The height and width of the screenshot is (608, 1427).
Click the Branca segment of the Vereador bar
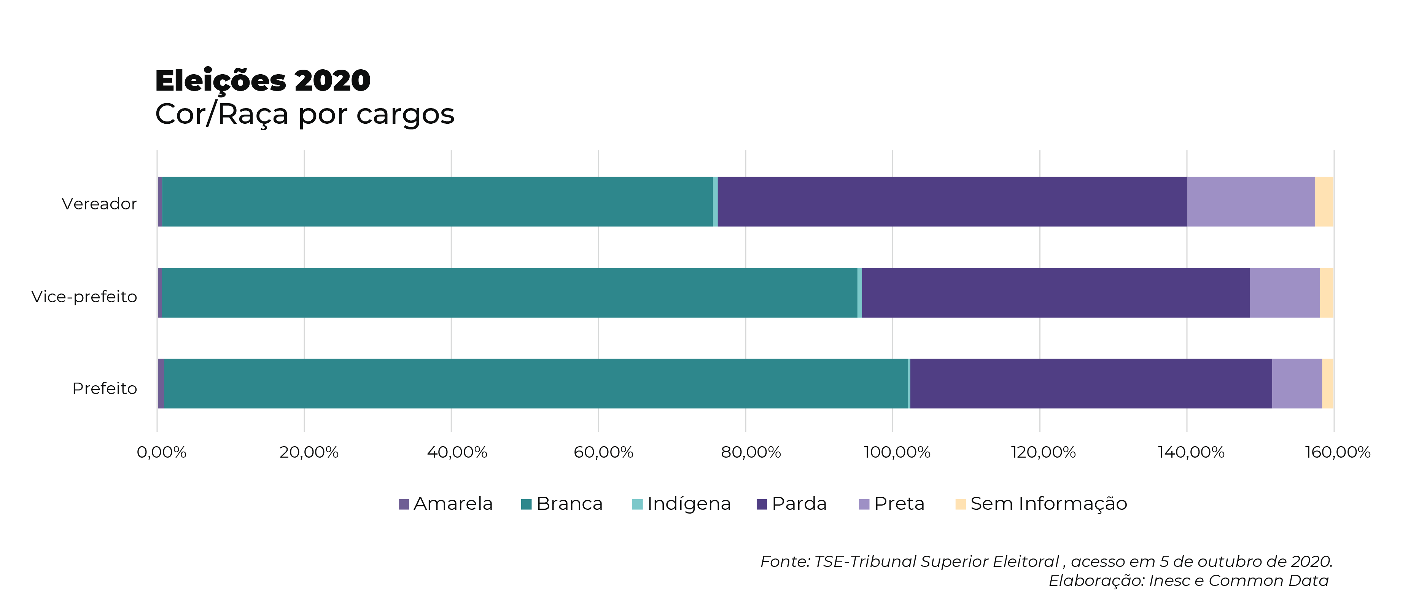(437, 202)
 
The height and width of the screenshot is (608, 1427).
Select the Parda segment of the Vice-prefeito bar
(1055, 293)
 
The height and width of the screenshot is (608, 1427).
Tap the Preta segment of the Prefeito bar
(1297, 383)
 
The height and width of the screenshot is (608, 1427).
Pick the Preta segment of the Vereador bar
(1251, 202)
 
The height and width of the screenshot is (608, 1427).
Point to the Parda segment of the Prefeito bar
(1091, 383)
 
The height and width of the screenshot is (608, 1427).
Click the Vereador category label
(99, 204)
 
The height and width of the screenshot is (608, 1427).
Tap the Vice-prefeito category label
(84, 297)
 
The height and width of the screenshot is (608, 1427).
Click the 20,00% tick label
(309, 452)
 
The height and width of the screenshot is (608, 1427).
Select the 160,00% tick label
(1337, 452)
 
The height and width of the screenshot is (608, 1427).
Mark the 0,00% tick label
(161, 452)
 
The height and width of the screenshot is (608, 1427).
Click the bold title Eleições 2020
(262, 81)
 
